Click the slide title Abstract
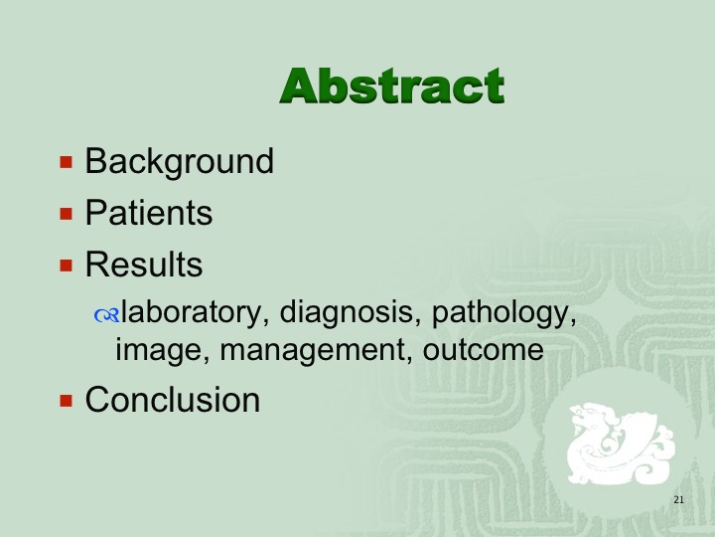tap(392, 86)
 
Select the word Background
tap(179, 162)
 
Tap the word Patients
tap(149, 213)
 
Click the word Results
tap(144, 264)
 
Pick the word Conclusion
tap(173, 400)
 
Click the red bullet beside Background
tap(67, 162)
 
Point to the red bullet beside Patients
tap(67, 214)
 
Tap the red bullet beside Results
tap(67, 266)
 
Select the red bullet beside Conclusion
tap(67, 401)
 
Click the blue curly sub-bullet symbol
tap(106, 315)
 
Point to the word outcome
tap(483, 350)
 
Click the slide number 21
tap(678, 499)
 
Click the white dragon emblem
tap(620, 443)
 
